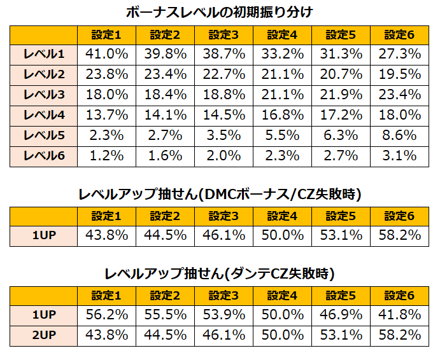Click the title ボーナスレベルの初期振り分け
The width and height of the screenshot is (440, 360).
coord(220,12)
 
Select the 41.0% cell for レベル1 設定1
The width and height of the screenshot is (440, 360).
coord(106,54)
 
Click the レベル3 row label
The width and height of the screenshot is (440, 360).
coord(43,95)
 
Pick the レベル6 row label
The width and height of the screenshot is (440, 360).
coord(43,156)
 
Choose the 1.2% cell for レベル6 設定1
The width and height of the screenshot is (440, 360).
coord(106,156)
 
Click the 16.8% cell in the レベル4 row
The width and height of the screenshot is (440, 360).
coord(283,115)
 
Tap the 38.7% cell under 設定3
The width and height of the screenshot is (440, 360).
coord(224,54)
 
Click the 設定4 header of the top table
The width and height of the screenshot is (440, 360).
coord(283,34)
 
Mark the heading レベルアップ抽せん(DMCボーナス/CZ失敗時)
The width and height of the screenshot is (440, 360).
coord(220,195)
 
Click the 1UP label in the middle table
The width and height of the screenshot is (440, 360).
coord(43,235)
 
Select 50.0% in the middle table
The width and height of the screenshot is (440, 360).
coord(283,235)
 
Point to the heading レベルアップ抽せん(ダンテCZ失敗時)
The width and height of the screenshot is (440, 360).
coord(220,274)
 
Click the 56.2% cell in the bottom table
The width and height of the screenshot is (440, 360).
coord(106,315)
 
